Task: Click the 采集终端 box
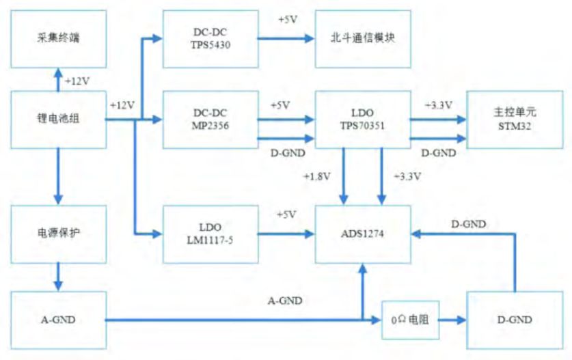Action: [59, 38]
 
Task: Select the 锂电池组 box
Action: [59, 119]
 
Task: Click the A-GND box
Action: [59, 318]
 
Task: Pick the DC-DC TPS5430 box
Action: [210, 38]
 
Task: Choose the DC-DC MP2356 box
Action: [210, 120]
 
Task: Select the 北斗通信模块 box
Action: [363, 38]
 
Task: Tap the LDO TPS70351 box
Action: [363, 120]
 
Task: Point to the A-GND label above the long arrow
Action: [285, 300]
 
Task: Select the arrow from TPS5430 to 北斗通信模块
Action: [285, 39]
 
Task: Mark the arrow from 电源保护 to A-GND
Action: [59, 276]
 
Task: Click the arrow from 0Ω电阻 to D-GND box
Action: [452, 319]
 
